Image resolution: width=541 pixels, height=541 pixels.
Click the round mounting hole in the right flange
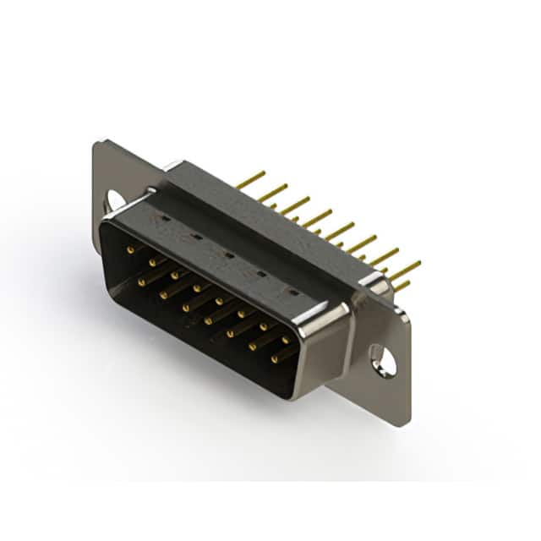384,361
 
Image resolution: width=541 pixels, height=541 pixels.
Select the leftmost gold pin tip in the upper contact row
129,250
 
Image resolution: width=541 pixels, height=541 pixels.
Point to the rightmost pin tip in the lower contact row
274,358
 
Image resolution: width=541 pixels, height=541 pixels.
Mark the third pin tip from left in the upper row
174,275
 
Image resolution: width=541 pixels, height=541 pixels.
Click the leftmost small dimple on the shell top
164,218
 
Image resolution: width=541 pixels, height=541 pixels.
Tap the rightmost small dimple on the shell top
292,292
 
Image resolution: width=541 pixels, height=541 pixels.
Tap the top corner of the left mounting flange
99,142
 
